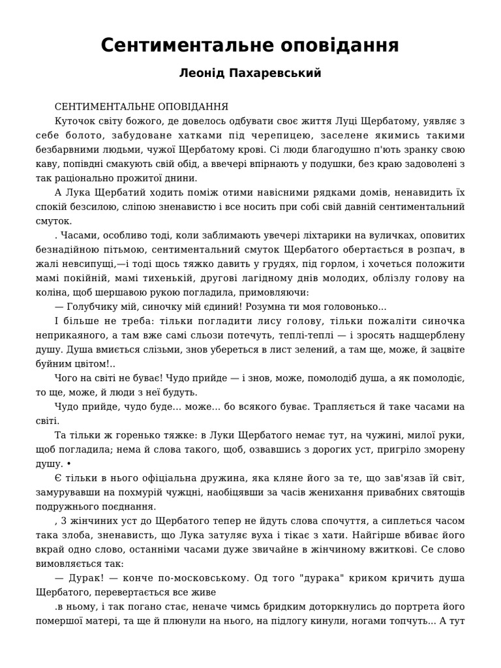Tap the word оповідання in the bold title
[x=343, y=46]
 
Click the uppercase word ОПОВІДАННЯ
[x=193, y=106]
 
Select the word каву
[x=47, y=164]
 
